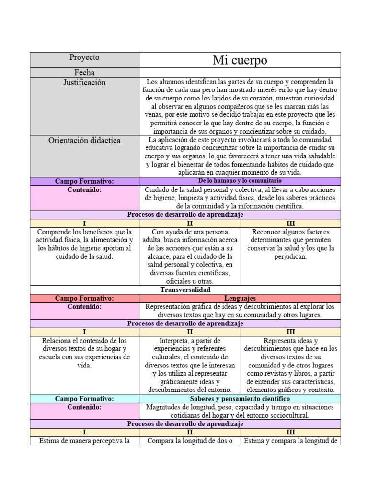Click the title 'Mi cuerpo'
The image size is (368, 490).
(x=240, y=60)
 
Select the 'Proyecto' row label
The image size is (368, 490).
(x=84, y=57)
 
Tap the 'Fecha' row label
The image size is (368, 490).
(x=84, y=73)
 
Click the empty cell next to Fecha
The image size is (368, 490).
(x=240, y=73)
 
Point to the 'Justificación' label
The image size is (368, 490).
(x=84, y=83)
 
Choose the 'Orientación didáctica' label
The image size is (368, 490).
(x=84, y=141)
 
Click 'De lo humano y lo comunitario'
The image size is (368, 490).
(x=240, y=181)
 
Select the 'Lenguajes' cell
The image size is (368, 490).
(x=240, y=298)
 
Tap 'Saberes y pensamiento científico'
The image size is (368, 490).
(x=240, y=399)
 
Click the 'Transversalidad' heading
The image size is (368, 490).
(x=185, y=290)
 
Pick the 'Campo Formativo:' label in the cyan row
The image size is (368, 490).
(x=84, y=399)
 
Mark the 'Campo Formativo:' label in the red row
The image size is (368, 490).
(x=84, y=298)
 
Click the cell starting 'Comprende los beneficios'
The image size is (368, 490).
(x=84, y=244)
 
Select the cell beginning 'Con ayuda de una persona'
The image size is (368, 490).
(x=190, y=256)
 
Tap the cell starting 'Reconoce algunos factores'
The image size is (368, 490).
(x=290, y=244)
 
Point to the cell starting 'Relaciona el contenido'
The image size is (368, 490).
(x=84, y=353)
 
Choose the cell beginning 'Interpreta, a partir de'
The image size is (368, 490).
(x=190, y=365)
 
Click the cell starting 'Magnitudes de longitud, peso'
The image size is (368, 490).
(x=240, y=411)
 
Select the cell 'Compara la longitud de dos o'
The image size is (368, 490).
(x=190, y=441)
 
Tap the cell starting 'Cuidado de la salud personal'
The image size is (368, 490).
(x=240, y=198)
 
